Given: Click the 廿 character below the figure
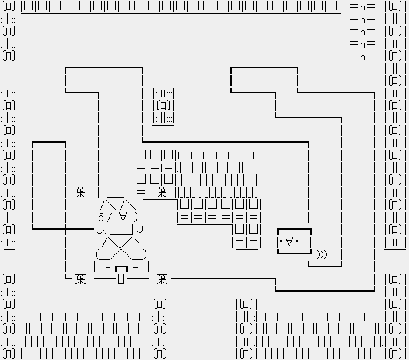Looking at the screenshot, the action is (121, 279).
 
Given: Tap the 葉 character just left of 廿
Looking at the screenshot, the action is (80, 279).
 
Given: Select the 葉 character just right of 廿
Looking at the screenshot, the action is (161, 279).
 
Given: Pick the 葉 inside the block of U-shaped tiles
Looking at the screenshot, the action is (161, 192).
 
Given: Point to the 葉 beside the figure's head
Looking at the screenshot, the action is (80, 192).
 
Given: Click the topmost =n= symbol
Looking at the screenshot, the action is (363, 7).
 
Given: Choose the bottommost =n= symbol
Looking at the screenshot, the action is (363, 57).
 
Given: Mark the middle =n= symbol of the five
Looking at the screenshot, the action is (363, 32).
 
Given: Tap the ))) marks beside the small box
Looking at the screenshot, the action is (322, 254).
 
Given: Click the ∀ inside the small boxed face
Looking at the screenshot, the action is (289, 242).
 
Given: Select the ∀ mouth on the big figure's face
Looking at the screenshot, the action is (123, 217).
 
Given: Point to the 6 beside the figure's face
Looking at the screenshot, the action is (101, 217).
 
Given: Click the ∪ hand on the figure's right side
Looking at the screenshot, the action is (140, 229).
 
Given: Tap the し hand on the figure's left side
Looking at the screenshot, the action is (99, 230).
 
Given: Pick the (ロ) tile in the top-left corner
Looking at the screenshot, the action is (8, 6).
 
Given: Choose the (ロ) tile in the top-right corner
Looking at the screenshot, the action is (395, 6).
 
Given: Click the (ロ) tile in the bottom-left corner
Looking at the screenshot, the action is (8, 354).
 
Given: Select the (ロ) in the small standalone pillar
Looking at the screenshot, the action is (163, 106).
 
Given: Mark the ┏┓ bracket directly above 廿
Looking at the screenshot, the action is (121, 269).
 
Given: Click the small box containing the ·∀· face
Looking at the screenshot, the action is (295, 241).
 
